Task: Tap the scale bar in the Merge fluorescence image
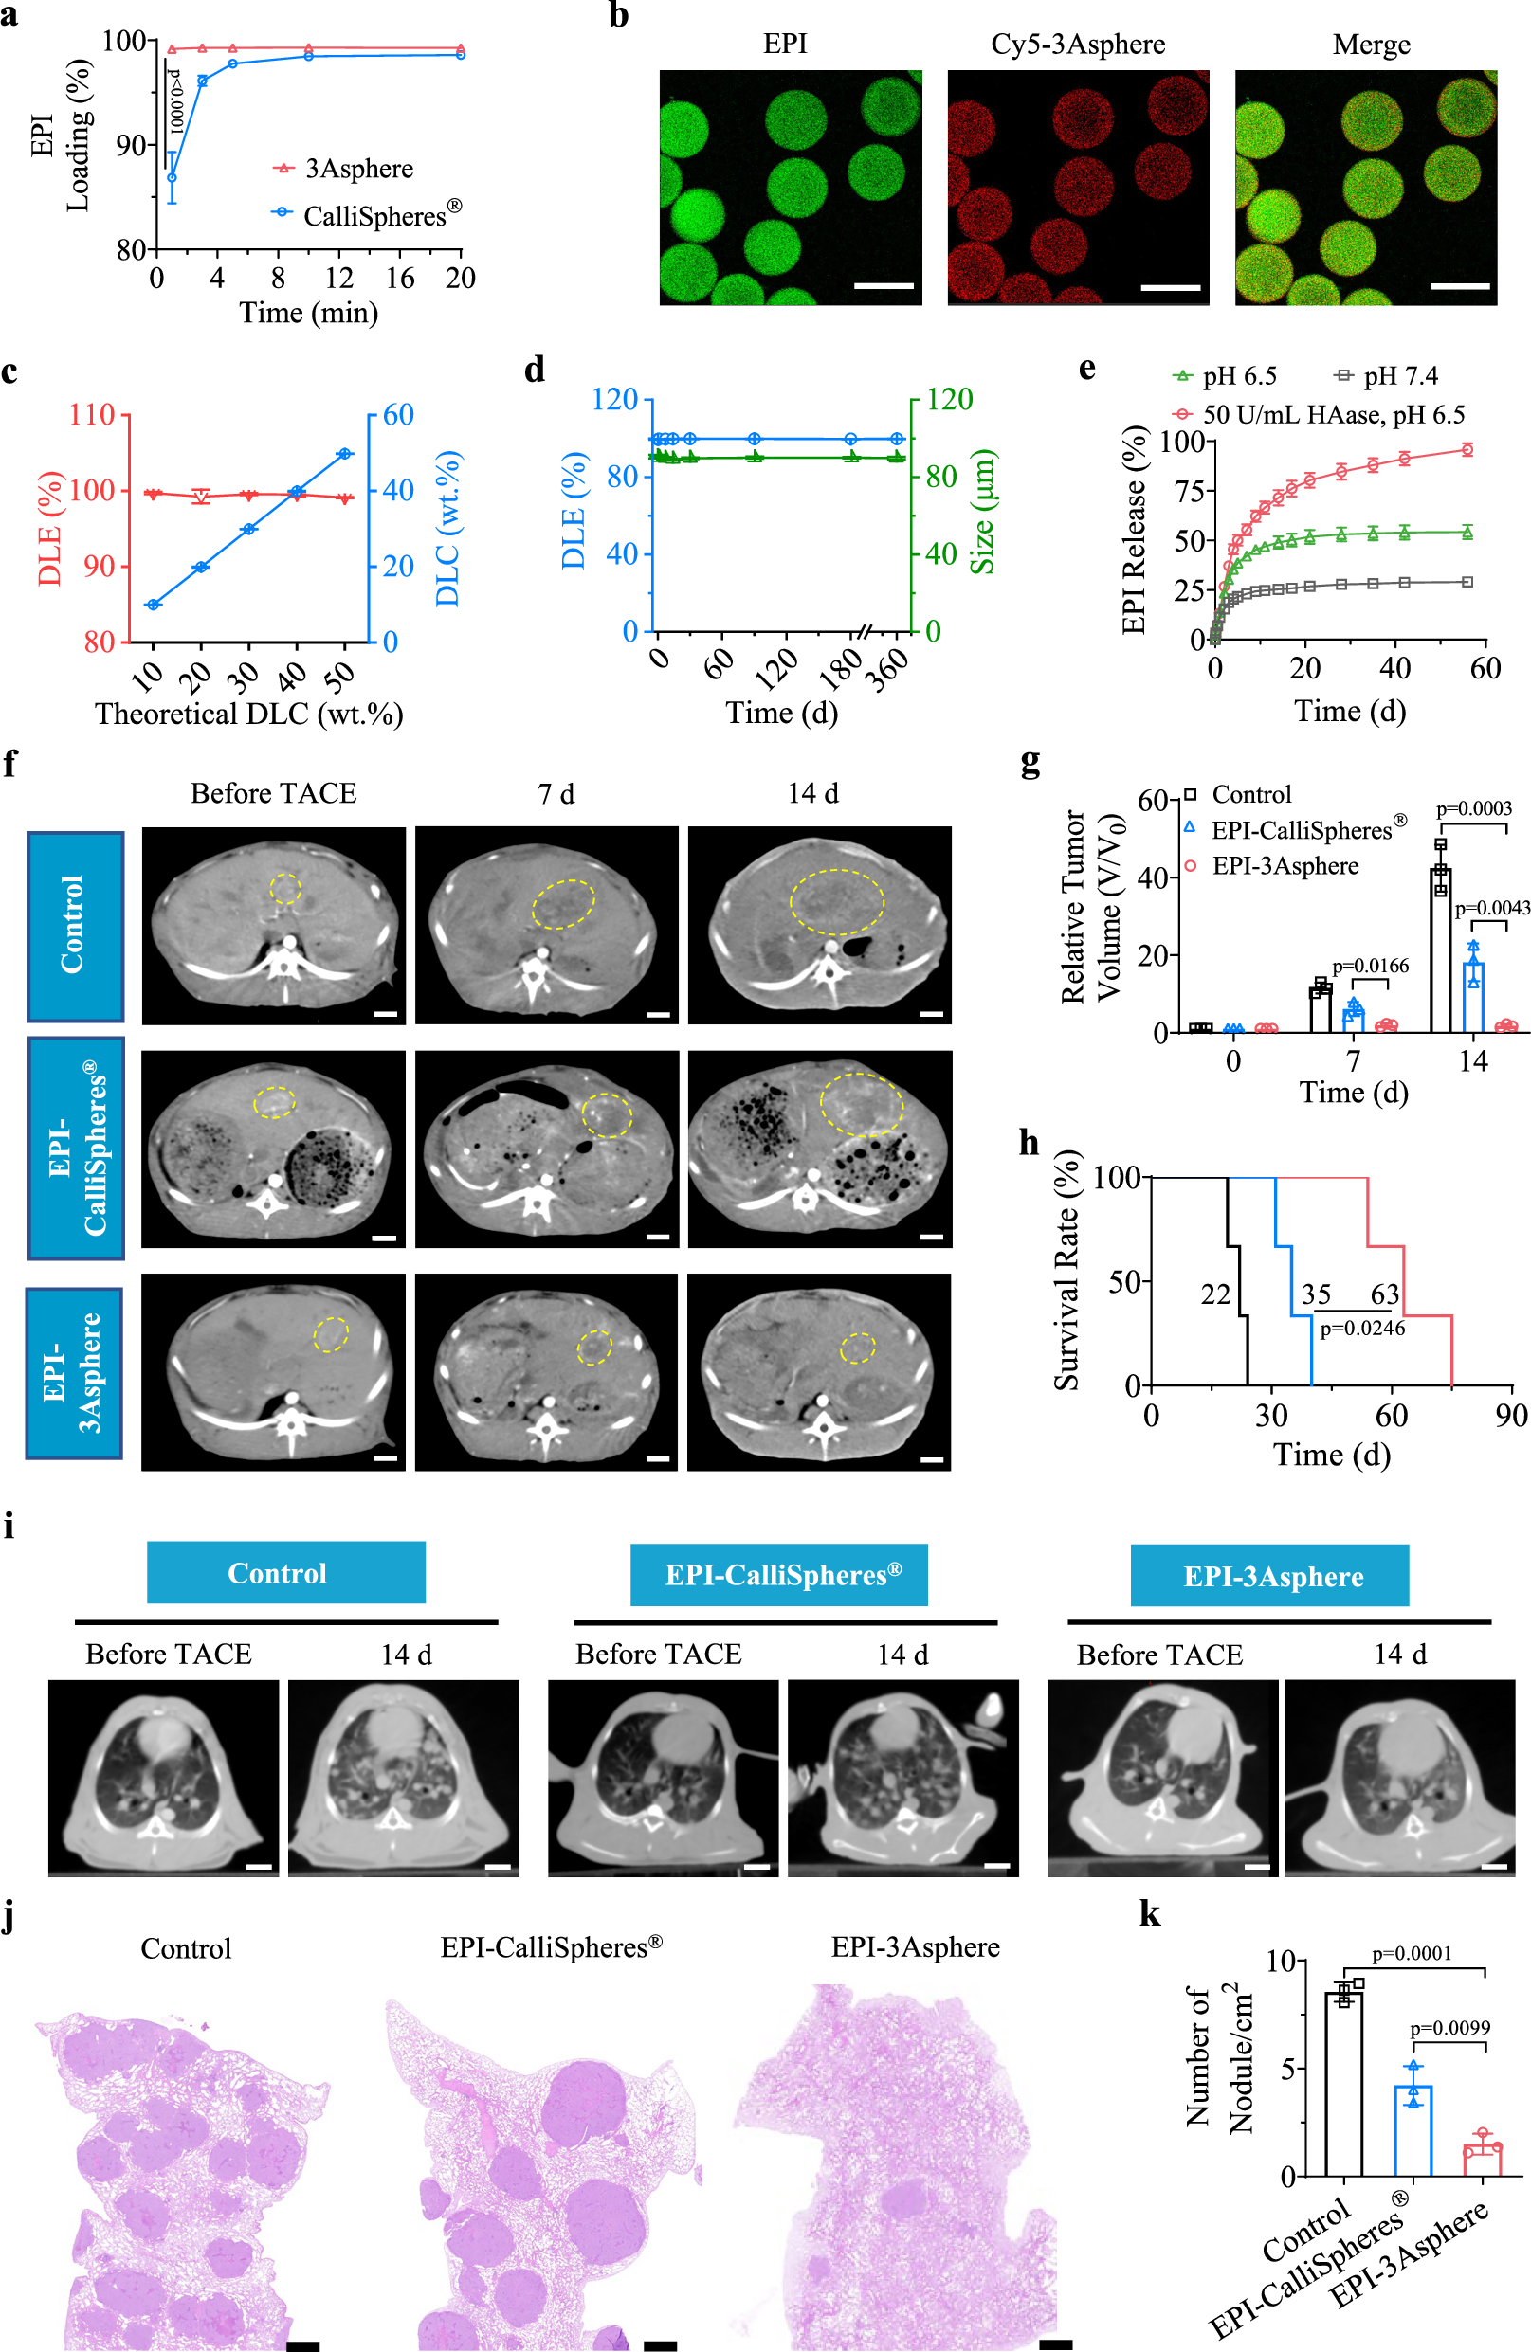[1459, 285]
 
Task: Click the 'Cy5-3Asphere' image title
[1077, 45]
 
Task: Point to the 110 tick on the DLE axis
[92, 414]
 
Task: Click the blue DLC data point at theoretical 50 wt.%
[345, 454]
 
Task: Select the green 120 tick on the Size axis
[949, 399]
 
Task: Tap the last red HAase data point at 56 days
[1467, 449]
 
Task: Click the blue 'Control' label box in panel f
[75, 925]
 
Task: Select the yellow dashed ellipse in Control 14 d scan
[836, 901]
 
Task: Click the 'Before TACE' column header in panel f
[273, 793]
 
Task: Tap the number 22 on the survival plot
[1214, 1294]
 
